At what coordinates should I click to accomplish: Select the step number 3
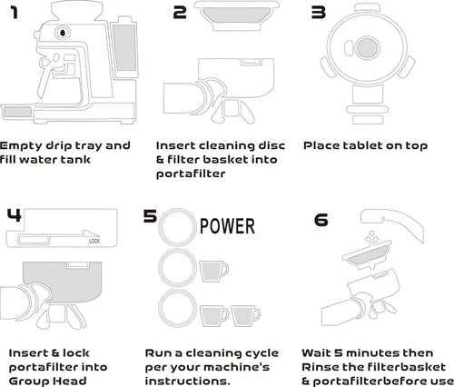tap(318, 12)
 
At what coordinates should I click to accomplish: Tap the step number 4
tap(14, 216)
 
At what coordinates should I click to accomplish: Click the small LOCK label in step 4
tap(94, 243)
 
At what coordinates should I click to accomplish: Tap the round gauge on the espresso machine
tap(63, 34)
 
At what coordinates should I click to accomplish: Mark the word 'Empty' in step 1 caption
tap(20, 145)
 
